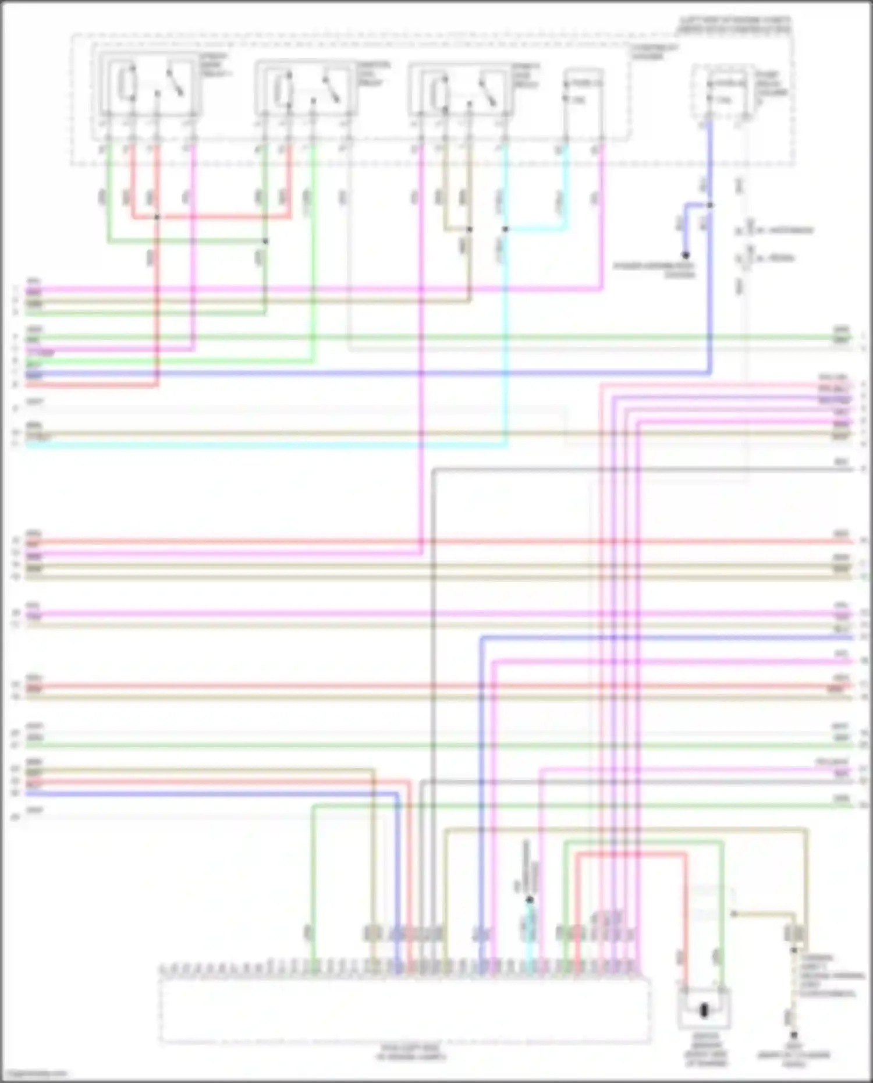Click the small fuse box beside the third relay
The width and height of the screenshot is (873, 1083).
click(x=583, y=93)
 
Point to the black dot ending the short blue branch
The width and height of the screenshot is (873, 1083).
click(x=686, y=255)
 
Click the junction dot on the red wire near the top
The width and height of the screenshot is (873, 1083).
click(x=157, y=218)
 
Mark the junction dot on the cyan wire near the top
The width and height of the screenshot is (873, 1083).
click(x=505, y=229)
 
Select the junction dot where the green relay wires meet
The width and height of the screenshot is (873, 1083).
click(x=265, y=241)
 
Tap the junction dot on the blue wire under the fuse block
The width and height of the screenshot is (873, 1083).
click(x=710, y=205)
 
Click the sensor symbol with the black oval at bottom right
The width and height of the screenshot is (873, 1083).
click(x=704, y=1010)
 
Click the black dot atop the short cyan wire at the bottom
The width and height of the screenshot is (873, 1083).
click(x=530, y=900)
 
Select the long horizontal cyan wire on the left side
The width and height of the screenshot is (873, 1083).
click(x=262, y=446)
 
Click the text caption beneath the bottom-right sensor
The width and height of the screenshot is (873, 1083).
click(x=706, y=1052)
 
